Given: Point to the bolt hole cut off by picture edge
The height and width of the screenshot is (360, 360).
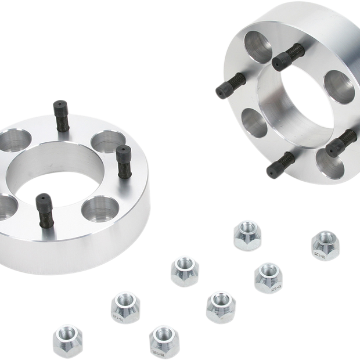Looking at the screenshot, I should [5, 206].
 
